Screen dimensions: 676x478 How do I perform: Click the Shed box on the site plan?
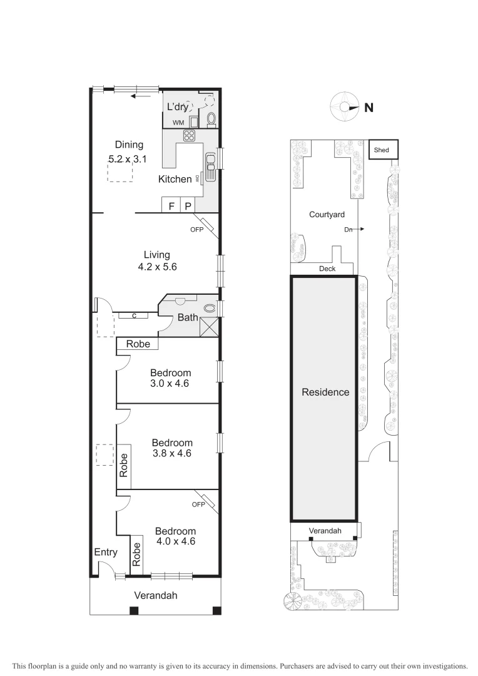coord(381,150)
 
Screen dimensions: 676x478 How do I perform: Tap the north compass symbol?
coord(345,107)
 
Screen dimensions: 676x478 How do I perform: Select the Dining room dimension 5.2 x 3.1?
coord(127,160)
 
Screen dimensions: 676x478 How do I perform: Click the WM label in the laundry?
coord(178,123)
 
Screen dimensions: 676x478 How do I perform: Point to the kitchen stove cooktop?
coord(190,136)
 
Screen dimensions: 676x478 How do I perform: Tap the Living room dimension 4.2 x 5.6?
coord(157,266)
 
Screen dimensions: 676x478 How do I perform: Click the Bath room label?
coord(188,317)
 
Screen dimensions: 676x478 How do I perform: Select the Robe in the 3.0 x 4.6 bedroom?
coord(138,344)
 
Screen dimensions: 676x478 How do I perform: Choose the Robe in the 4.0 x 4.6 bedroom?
coord(137,553)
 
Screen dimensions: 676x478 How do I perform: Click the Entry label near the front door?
coord(106,552)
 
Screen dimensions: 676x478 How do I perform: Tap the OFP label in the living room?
coord(198,229)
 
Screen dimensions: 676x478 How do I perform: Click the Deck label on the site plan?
coord(327,269)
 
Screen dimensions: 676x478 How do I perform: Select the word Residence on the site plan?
coord(325,392)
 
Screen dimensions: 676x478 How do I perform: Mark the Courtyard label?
coord(327,215)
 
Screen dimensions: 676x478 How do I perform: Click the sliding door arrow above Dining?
coord(141,96)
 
